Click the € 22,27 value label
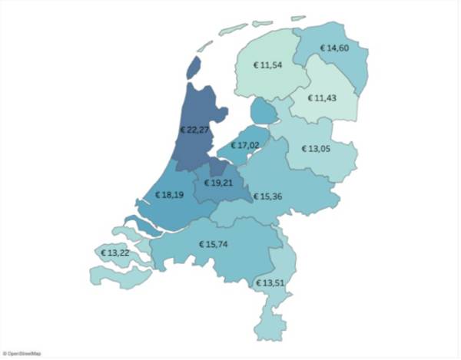(194, 130)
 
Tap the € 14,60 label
(337, 48)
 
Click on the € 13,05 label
(319, 148)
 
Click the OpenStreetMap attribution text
(22, 354)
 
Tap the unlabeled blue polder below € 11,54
(264, 111)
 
